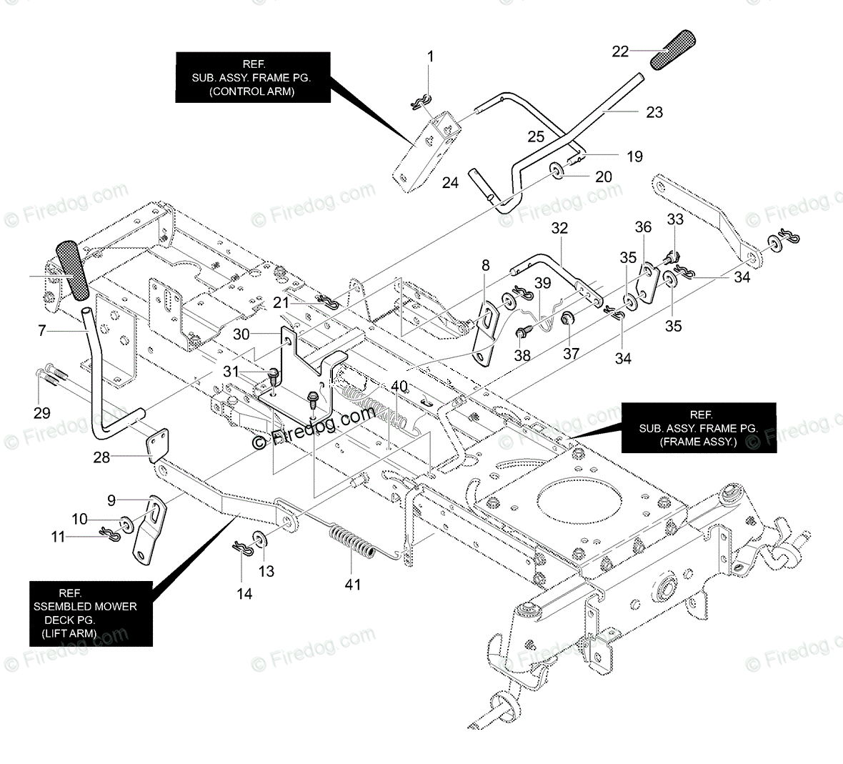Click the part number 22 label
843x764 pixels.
click(620, 51)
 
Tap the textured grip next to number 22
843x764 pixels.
click(672, 50)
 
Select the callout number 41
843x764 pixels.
click(353, 585)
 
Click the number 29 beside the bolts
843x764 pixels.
click(42, 412)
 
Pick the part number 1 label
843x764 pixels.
click(431, 56)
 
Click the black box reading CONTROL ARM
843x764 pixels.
click(253, 76)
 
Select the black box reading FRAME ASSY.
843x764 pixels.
click(698, 427)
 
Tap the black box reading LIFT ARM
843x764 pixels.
click(91, 613)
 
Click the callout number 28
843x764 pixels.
click(102, 457)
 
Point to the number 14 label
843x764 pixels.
click(244, 593)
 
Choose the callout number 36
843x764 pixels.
click(643, 227)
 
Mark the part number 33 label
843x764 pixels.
click(675, 218)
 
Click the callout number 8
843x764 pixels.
click(486, 266)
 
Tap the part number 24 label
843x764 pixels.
click(450, 183)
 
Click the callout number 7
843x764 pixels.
click(42, 331)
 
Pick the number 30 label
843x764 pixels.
click(241, 334)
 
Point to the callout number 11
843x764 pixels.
click(57, 536)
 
